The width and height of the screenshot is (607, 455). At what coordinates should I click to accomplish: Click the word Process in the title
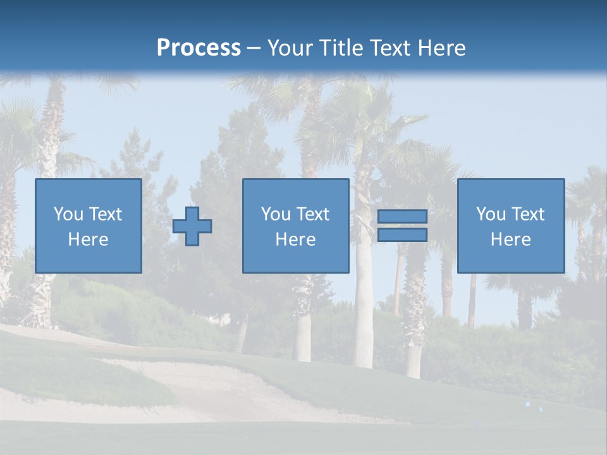click(x=199, y=48)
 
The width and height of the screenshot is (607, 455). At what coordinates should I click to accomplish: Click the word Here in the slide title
click(x=440, y=48)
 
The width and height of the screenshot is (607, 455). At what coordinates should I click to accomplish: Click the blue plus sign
click(x=192, y=226)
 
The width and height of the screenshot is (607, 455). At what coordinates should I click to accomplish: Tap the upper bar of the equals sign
click(x=402, y=216)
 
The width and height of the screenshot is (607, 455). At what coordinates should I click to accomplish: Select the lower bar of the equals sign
click(x=402, y=235)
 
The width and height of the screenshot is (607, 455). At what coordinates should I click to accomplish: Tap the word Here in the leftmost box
click(x=88, y=240)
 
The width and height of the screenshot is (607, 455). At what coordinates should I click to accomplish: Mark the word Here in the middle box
click(x=295, y=240)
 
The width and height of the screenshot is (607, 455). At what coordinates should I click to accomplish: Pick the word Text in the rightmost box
click(x=527, y=214)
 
